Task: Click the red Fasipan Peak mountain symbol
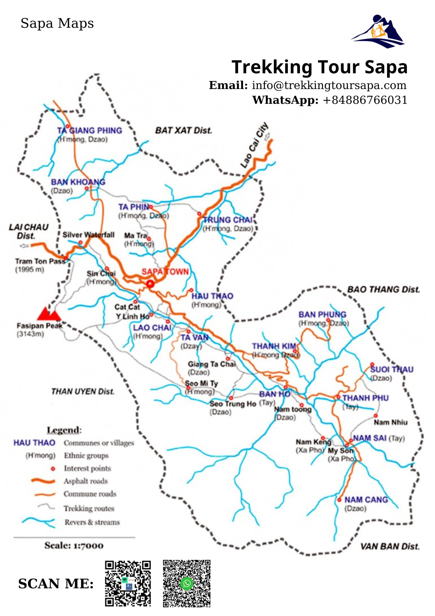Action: tap(49, 314)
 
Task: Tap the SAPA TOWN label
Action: tap(165, 272)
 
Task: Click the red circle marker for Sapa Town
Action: tap(150, 284)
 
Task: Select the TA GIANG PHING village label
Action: tap(90, 131)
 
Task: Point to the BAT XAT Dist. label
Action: tap(183, 130)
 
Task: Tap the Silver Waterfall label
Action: tap(88, 235)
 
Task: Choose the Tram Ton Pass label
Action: tap(40, 261)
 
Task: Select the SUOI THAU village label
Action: tap(392, 369)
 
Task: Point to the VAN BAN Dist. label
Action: tap(390, 546)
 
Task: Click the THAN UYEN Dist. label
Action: tap(83, 391)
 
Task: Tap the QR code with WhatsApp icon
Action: tap(186, 583)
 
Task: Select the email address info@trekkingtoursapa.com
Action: tap(329, 85)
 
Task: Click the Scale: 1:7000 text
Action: tap(74, 545)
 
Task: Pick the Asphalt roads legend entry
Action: tap(86, 481)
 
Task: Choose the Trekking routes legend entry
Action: tap(89, 508)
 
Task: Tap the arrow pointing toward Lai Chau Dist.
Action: tap(24, 245)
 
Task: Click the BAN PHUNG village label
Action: tap(322, 314)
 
